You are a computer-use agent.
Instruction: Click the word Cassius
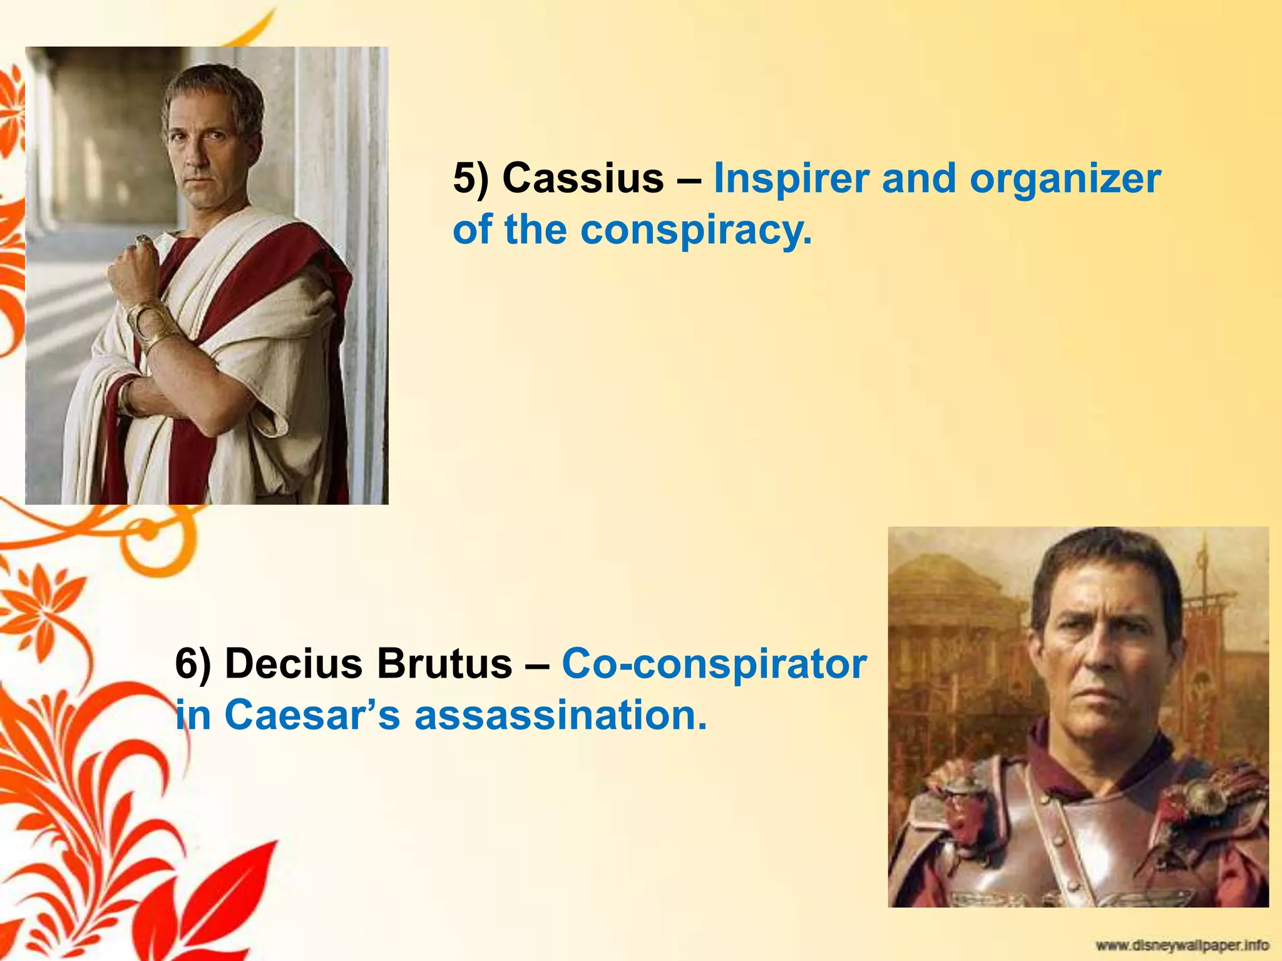(582, 179)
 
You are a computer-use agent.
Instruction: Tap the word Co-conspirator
(714, 665)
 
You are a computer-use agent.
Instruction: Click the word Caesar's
(312, 715)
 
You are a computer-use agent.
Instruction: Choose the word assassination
(560, 715)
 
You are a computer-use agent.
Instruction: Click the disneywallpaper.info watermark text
(1182, 945)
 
